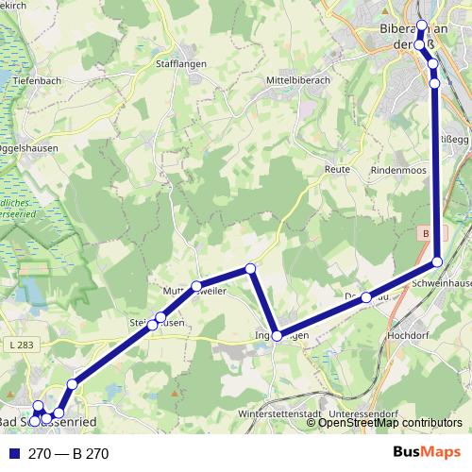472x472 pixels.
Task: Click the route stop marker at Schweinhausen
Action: (437, 261)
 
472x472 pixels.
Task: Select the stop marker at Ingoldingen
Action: (277, 336)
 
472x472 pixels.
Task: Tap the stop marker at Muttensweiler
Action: (196, 286)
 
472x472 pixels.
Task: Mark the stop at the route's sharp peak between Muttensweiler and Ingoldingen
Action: (250, 270)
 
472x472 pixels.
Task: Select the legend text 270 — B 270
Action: (69, 453)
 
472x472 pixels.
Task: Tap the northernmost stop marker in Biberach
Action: (422, 25)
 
